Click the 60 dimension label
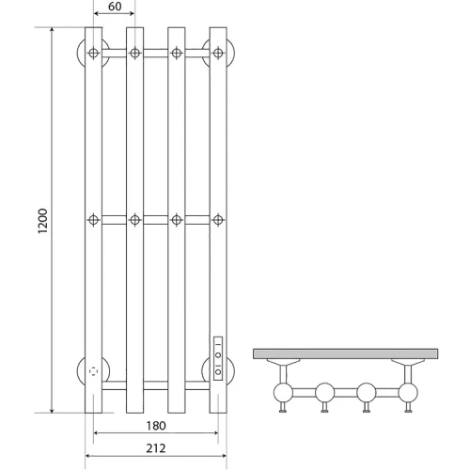click(115, 7)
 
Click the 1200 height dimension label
click(42, 221)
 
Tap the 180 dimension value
click(156, 426)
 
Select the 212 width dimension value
click(156, 448)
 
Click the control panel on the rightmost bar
click(218, 358)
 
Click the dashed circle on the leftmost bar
click(93, 371)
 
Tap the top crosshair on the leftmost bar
click(93, 53)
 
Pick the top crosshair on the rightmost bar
click(218, 53)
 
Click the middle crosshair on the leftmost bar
click(93, 220)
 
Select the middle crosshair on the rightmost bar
click(218, 220)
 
